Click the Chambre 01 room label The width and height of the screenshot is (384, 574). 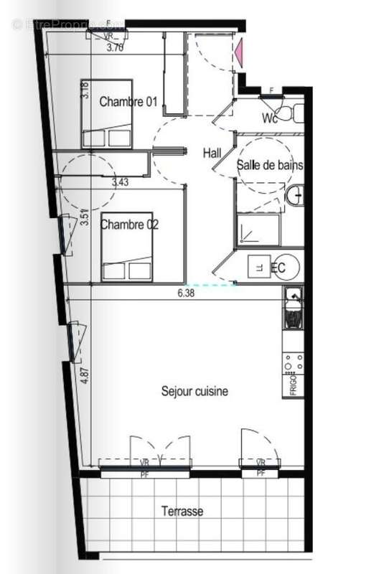point(128,101)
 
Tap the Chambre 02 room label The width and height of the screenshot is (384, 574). point(129,225)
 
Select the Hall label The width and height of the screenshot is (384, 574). point(212,153)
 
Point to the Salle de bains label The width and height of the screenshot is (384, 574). point(270,165)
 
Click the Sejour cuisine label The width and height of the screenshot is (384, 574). point(195,392)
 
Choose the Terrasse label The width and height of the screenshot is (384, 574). point(182,512)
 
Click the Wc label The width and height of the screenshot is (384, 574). point(270,118)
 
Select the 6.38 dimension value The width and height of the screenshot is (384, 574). point(187,293)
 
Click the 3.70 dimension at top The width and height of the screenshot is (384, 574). point(116,49)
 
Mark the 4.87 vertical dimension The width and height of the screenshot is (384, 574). point(85,376)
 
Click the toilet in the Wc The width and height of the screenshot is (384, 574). point(289,113)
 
